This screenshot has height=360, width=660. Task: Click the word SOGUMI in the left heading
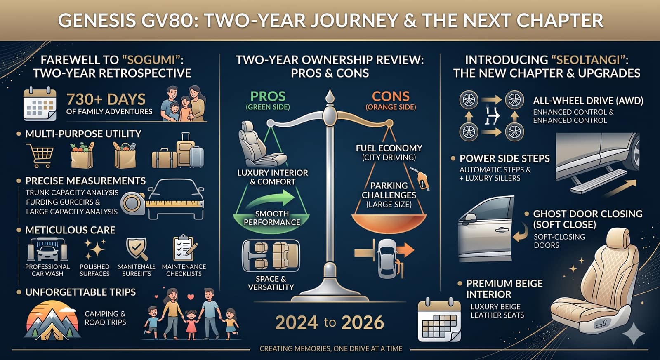pyautogui.click(x=151, y=60)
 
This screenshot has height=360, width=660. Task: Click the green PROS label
pyautogui.click(x=268, y=96)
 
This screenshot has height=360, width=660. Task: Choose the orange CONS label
pyautogui.click(x=391, y=96)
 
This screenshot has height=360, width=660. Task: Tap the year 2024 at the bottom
pyautogui.click(x=297, y=322)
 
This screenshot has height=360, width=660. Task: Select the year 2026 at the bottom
pyautogui.click(x=363, y=322)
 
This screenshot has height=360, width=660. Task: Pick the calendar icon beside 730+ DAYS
pyautogui.click(x=40, y=104)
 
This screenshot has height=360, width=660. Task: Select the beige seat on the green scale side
pyautogui.click(x=259, y=144)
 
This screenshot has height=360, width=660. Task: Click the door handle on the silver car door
pyautogui.click(x=501, y=230)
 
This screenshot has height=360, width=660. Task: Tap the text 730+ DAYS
pyautogui.click(x=106, y=99)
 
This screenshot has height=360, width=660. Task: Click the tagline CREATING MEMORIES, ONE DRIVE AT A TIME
pyautogui.click(x=331, y=349)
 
